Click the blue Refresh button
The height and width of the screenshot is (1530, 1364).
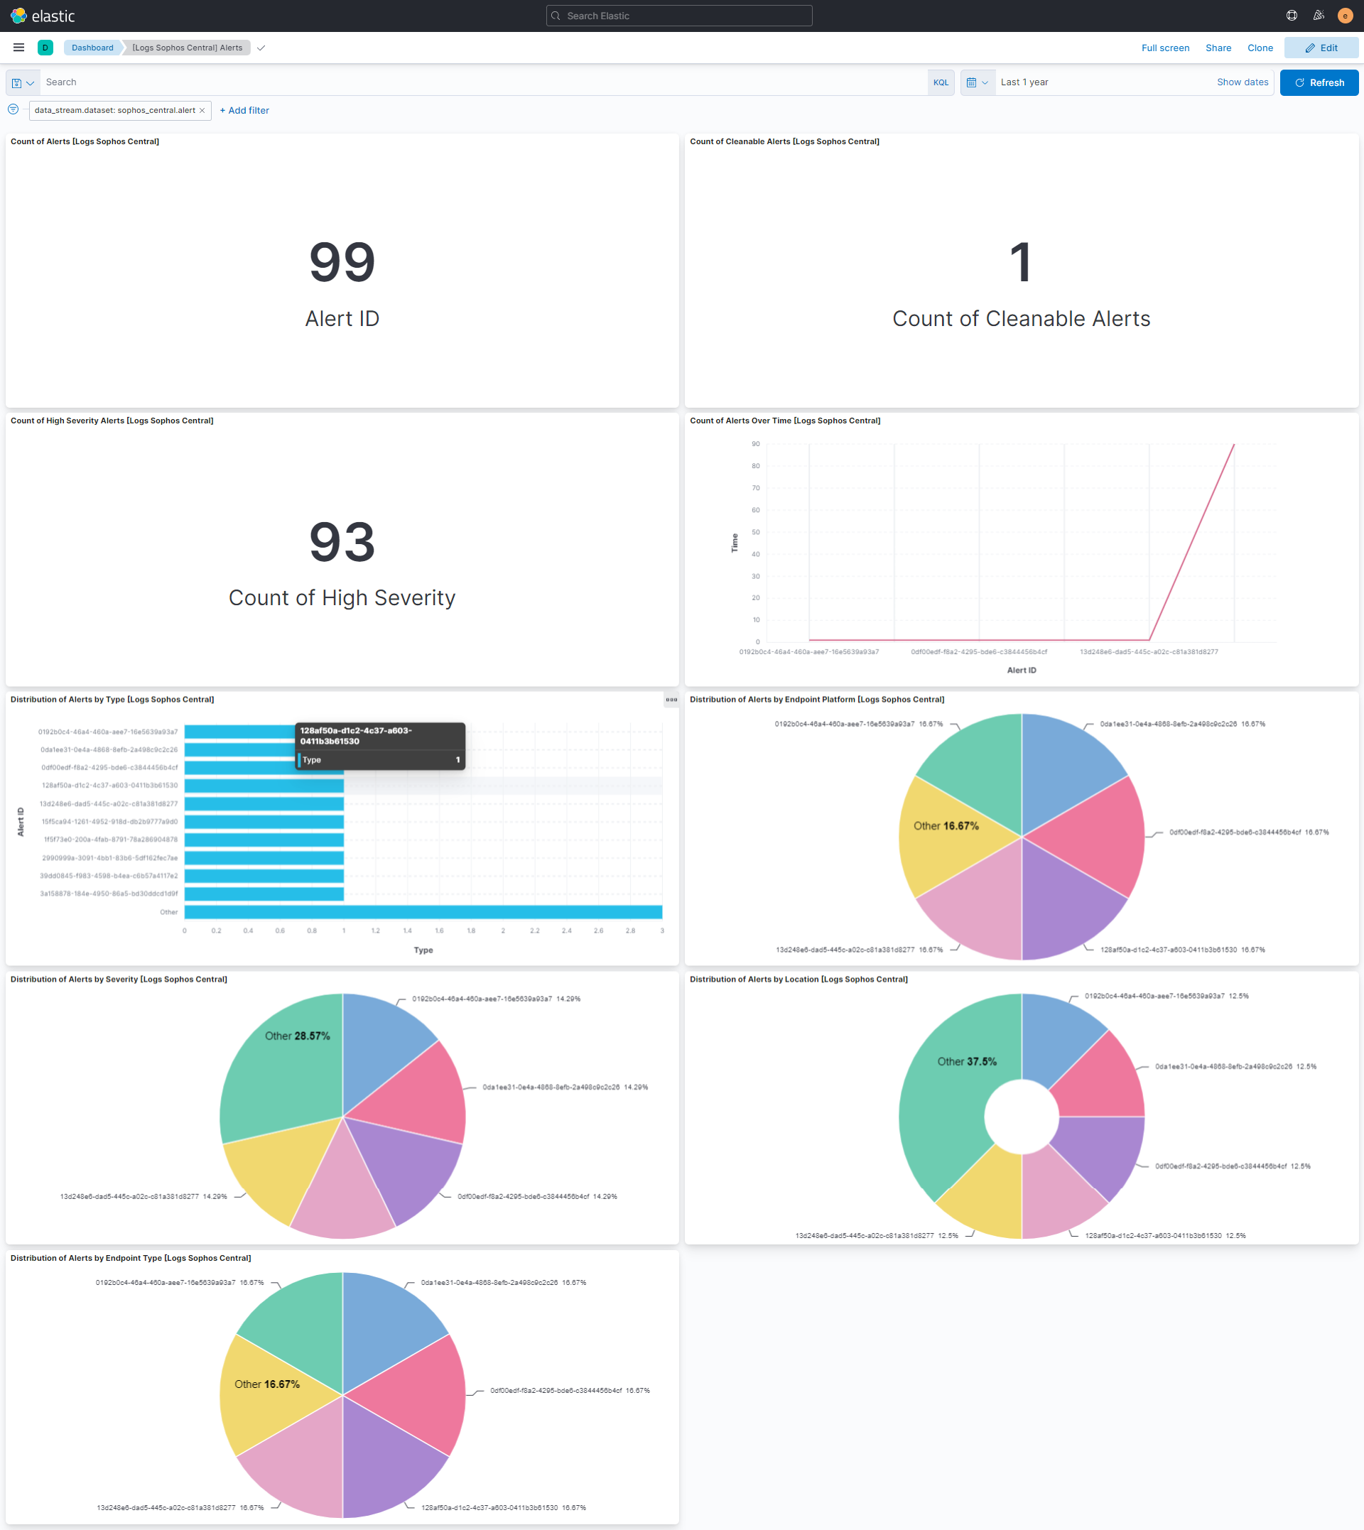1319,82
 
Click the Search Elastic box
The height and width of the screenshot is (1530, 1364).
679,16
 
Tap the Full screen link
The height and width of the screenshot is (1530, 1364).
1164,48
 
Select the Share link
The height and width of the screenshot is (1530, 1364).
1218,48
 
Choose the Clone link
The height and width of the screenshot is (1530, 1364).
1259,48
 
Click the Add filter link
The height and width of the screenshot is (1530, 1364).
244,110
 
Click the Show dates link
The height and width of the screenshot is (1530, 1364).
1242,82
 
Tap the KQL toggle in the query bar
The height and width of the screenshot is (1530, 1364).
940,82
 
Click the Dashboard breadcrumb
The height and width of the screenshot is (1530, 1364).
92,48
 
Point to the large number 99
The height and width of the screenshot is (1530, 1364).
342,262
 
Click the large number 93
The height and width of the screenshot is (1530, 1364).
342,542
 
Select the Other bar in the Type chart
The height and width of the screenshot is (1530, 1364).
423,912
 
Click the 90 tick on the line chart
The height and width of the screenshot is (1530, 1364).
755,445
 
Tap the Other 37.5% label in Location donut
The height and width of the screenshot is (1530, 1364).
966,1062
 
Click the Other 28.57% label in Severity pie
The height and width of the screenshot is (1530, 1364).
297,1036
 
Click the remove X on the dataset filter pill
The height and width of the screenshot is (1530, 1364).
202,111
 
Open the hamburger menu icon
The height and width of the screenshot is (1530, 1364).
18,48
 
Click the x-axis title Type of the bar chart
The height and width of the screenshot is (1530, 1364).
423,950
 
